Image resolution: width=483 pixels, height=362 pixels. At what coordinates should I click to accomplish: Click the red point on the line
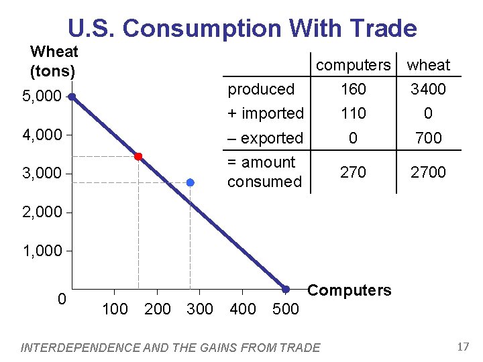coord(138,156)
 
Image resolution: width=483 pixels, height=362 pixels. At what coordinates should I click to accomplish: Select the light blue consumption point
coord(190,182)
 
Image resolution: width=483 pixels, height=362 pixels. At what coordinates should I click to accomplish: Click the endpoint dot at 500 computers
coord(285,289)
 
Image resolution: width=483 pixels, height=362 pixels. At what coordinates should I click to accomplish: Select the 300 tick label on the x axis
coord(199,309)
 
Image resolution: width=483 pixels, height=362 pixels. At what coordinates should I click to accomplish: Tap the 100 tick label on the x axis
coord(115,309)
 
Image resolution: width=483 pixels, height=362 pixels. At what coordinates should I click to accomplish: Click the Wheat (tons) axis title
coord(54,61)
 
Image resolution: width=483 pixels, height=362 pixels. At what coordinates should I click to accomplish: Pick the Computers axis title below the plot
coord(349,290)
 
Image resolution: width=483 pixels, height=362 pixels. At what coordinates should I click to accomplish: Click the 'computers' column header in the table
coord(353,65)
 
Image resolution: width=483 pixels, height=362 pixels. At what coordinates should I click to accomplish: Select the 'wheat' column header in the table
coord(429,65)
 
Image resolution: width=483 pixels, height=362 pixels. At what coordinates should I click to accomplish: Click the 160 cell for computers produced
coord(353,89)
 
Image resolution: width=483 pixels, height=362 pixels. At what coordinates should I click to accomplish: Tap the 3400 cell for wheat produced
coord(429,89)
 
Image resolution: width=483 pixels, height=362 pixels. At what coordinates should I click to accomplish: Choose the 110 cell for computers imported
coord(353,113)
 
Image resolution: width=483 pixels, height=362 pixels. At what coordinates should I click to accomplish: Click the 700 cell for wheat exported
coord(429,138)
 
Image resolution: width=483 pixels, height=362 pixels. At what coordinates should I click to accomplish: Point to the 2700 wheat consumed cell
coord(429,172)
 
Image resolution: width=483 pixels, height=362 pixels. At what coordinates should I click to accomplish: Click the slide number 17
coord(462,347)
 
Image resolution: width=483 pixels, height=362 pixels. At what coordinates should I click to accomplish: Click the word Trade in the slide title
coord(383,28)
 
